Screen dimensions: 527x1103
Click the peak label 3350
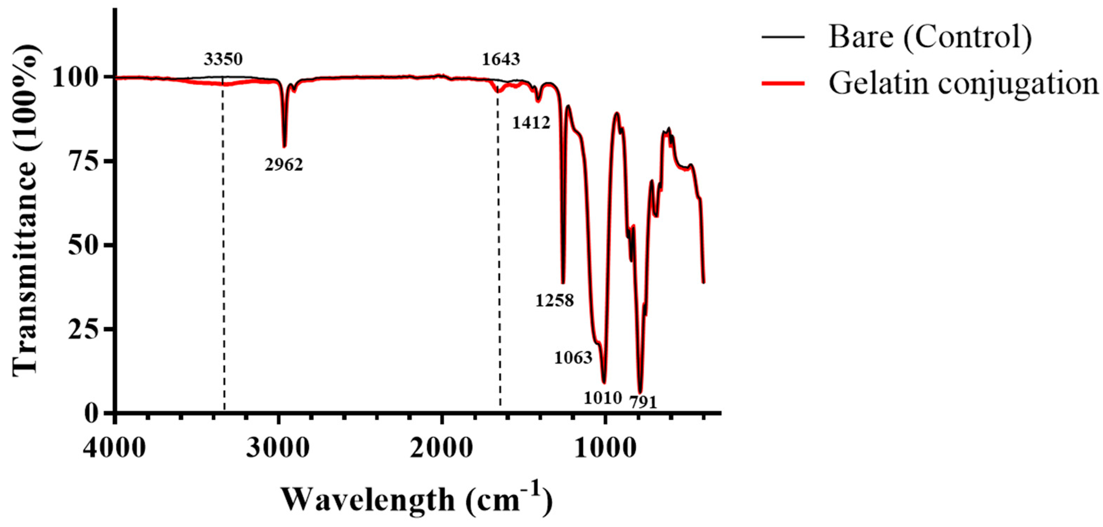(x=223, y=59)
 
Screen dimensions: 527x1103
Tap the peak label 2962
(x=284, y=165)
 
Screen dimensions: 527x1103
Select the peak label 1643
(x=501, y=59)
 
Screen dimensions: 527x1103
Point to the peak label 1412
(x=531, y=123)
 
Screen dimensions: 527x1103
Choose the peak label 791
(x=643, y=402)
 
